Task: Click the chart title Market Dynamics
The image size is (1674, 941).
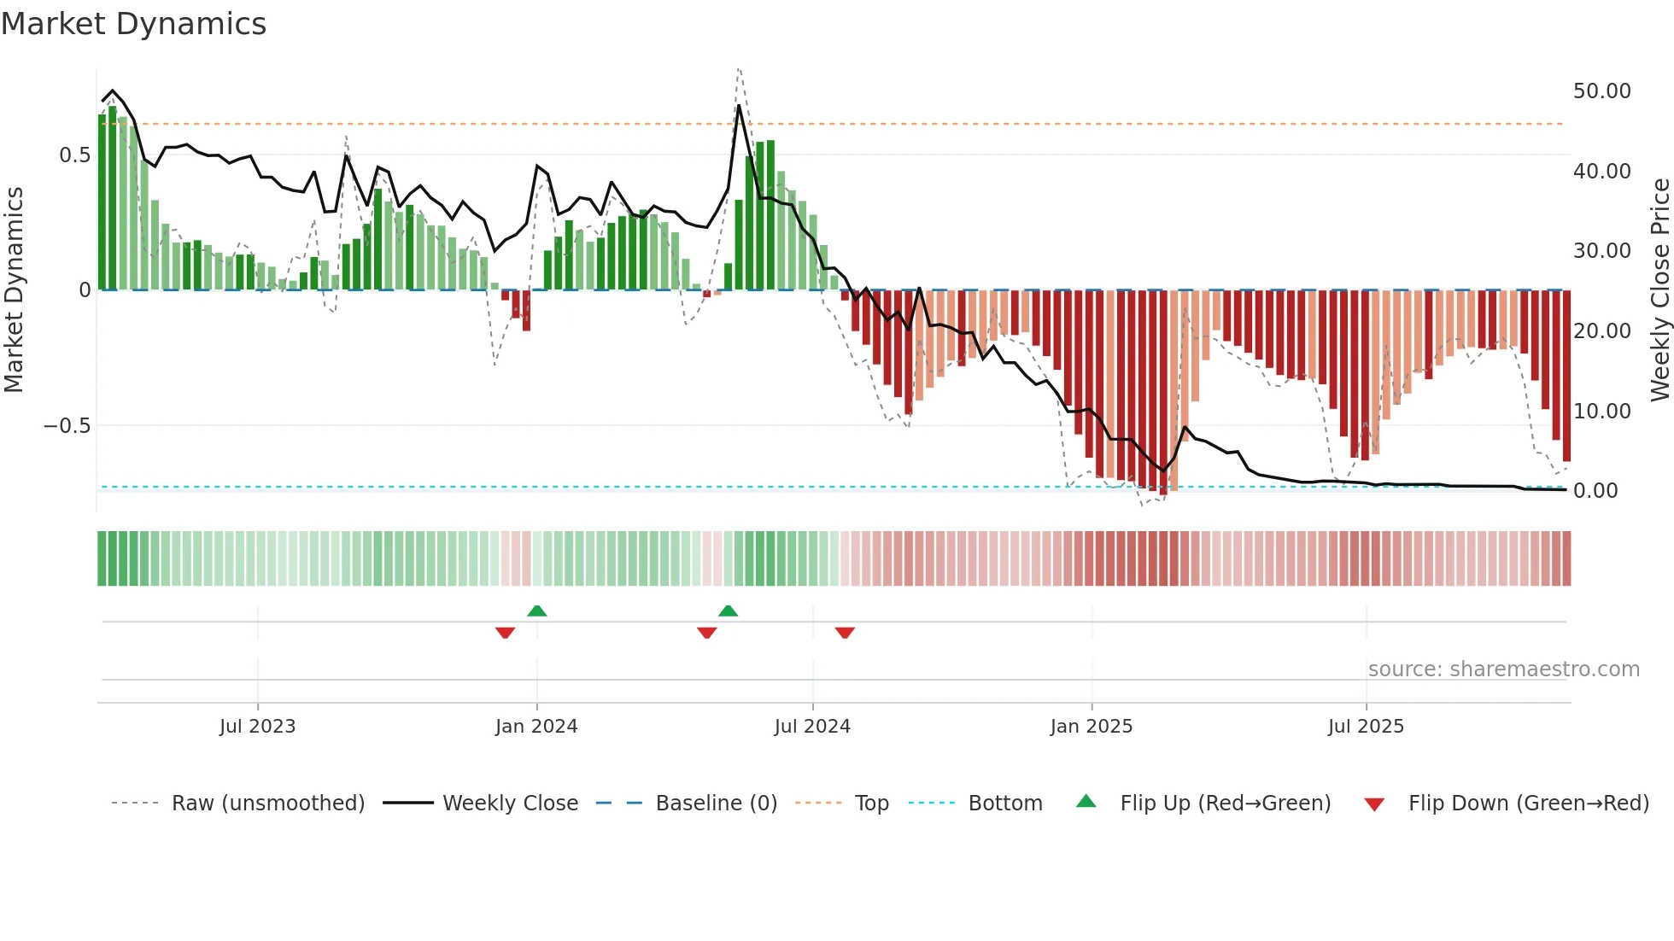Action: [133, 24]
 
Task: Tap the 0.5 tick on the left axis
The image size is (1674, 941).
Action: [74, 155]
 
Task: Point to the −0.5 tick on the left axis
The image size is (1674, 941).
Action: [67, 426]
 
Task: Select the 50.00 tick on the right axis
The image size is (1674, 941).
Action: [1601, 91]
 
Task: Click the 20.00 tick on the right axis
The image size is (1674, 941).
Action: [1601, 331]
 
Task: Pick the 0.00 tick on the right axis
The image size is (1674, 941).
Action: [1595, 491]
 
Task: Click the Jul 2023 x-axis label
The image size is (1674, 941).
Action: [257, 727]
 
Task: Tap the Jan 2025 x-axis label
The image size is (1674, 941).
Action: [1091, 727]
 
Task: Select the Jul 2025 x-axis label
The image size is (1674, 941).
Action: [1365, 727]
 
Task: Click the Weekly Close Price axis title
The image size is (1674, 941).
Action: [1659, 289]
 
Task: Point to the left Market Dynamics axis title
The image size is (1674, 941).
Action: [14, 289]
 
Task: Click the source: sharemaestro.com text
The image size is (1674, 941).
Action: [1503, 669]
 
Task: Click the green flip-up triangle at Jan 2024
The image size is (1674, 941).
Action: [537, 611]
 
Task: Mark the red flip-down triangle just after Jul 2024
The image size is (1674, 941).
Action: [845, 633]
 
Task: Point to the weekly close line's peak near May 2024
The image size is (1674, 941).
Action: [739, 106]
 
